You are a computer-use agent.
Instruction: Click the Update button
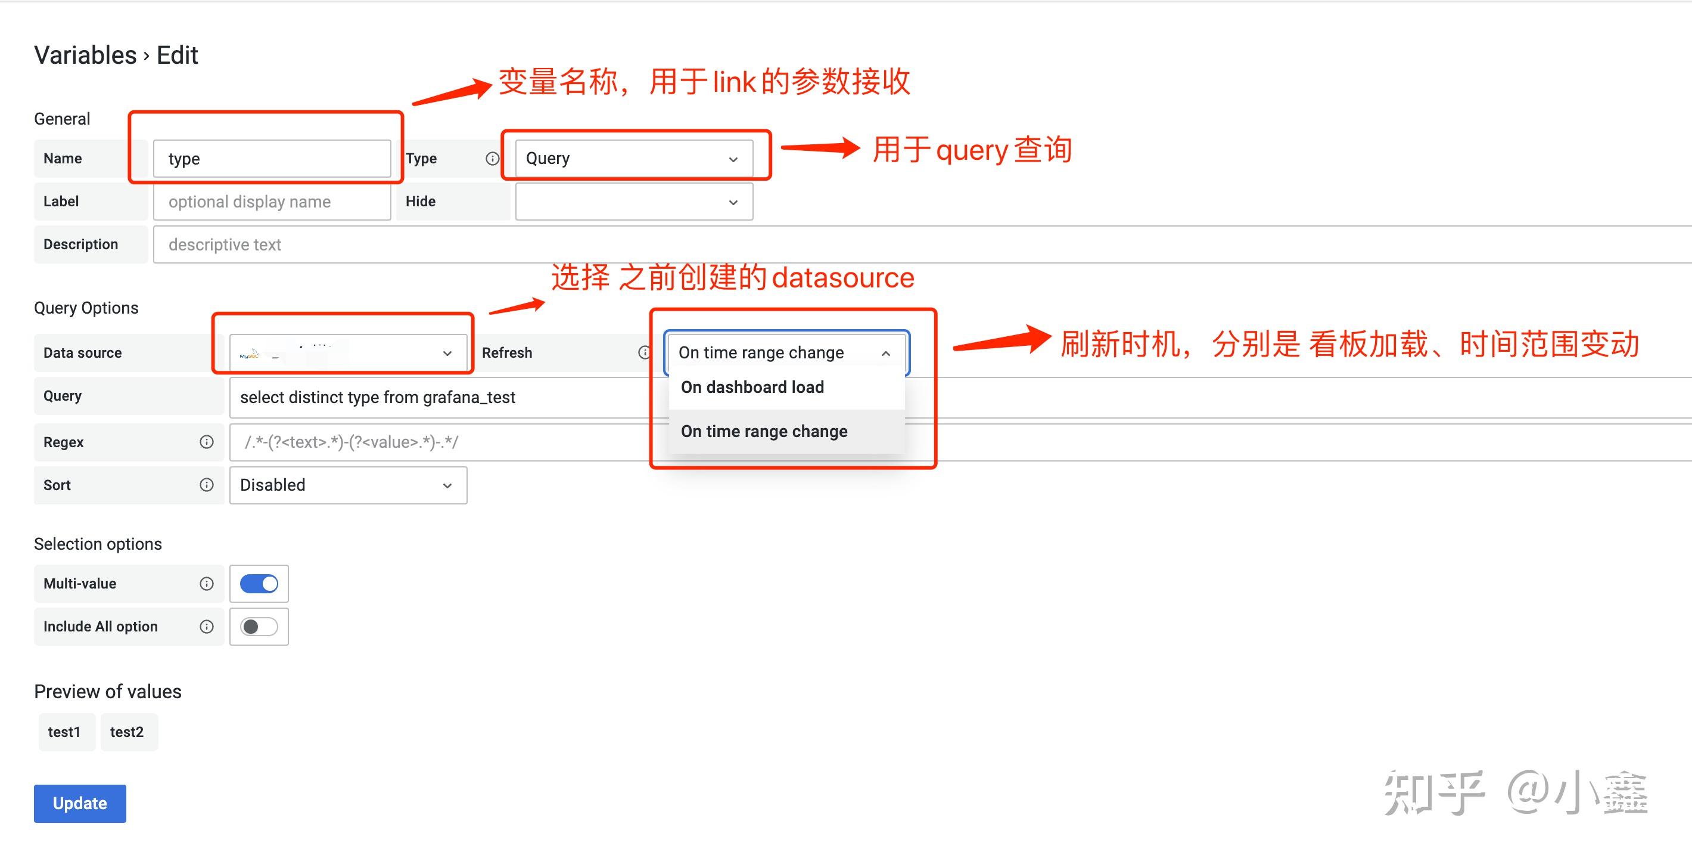(x=79, y=803)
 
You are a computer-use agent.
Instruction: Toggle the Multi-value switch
(x=259, y=583)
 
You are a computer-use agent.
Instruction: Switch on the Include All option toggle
(x=259, y=626)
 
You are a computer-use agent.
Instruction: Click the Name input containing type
(x=272, y=159)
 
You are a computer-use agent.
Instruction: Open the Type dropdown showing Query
(x=634, y=159)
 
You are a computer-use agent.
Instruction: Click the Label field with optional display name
(x=272, y=201)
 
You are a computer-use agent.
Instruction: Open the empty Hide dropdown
(x=634, y=201)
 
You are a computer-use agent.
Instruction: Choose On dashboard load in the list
(x=752, y=387)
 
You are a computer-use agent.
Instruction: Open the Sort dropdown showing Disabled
(x=348, y=485)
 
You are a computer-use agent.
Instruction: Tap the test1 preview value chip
(x=64, y=732)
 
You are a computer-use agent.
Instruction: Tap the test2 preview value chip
(x=127, y=732)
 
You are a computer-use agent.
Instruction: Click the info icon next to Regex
(x=206, y=442)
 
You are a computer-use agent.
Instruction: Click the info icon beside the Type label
(x=492, y=159)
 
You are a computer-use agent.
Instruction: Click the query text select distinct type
(x=378, y=397)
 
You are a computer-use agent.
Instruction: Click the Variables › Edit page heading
(x=116, y=55)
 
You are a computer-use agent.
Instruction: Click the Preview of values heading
(x=108, y=692)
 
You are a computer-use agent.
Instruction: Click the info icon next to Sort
(x=206, y=484)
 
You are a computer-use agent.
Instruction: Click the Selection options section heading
(x=98, y=544)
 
